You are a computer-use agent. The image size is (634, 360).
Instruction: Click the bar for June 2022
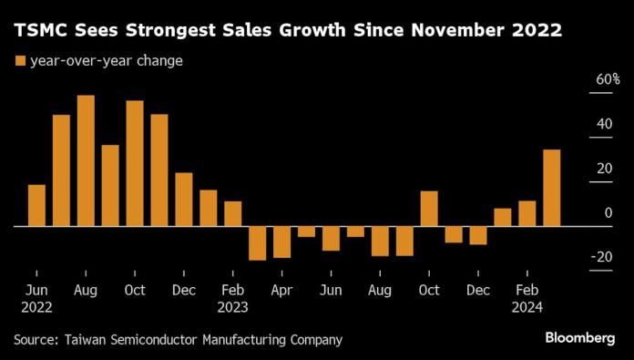tap(36, 205)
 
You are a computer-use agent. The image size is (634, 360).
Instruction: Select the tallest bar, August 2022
tap(86, 160)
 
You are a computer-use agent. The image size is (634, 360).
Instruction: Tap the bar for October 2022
tap(135, 163)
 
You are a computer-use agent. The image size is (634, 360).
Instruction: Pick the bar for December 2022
tap(184, 199)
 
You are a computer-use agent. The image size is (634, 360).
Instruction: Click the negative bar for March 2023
tap(258, 242)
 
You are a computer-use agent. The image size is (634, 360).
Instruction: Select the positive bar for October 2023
tap(429, 209)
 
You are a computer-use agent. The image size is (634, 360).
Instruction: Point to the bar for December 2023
tap(478, 235)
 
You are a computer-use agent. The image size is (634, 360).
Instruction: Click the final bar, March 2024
tap(552, 188)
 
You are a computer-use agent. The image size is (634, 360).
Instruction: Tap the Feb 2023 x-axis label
tap(233, 298)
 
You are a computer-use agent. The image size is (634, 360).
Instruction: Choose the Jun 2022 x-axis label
tap(36, 298)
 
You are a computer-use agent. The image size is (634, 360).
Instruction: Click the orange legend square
tap(19, 61)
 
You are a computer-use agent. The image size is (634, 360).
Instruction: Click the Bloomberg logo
tap(579, 338)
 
